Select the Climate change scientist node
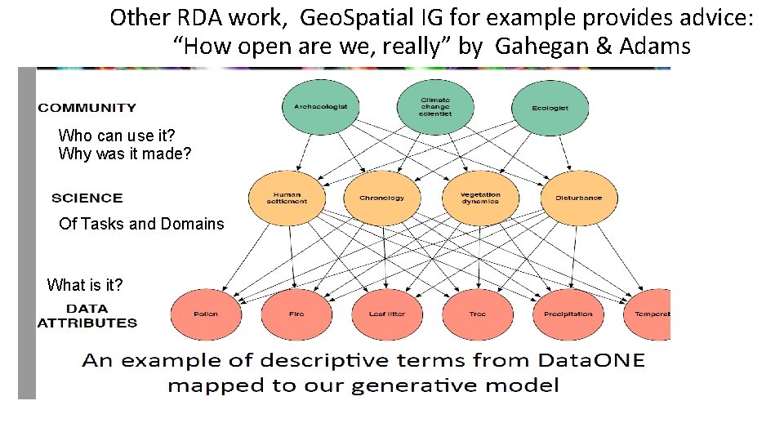434,107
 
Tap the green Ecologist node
550,107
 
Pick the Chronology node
381,198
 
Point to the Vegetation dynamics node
479,198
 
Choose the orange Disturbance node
578,198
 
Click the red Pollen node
206,314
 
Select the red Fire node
296,314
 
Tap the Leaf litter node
387,314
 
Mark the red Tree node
478,314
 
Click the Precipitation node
568,314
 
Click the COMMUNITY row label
87,108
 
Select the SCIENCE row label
87,198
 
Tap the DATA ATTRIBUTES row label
87,315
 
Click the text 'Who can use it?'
117,136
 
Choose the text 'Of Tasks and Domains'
141,224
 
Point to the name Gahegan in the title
542,47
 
